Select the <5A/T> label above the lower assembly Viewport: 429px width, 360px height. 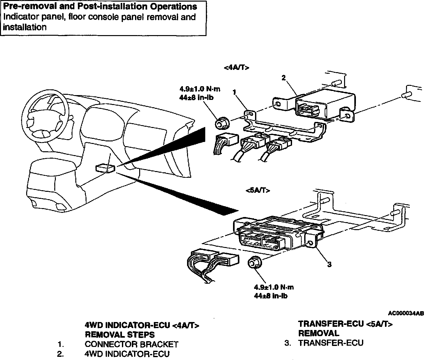pos(258,191)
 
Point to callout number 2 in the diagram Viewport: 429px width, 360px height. pos(283,77)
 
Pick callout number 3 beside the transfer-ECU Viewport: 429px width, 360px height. pos(329,264)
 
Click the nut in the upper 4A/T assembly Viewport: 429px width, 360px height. pos(221,123)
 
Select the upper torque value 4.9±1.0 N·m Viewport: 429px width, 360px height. pos(200,89)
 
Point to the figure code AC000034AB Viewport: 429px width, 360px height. pos(406,313)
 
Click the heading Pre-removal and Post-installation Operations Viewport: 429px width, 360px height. pos(100,6)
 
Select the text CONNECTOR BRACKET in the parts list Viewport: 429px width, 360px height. pos(132,344)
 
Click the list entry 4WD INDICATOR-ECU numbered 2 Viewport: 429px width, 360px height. pos(127,354)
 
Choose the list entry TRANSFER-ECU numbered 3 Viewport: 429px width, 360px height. pos(331,343)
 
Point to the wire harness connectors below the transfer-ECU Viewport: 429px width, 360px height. pos(212,262)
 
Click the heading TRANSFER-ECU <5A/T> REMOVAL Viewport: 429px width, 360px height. pos(345,328)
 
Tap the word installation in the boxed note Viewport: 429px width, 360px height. pos(25,27)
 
